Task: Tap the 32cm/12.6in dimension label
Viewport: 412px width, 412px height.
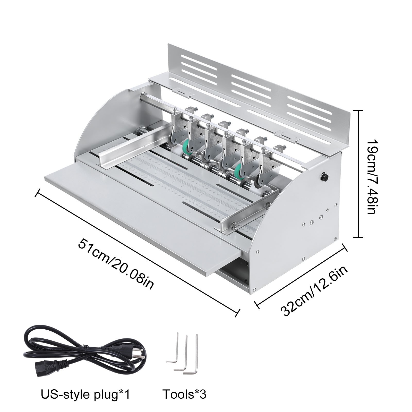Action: tap(315, 291)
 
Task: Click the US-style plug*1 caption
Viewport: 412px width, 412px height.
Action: tap(86, 394)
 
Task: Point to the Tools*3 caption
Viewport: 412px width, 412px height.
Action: tap(184, 394)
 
